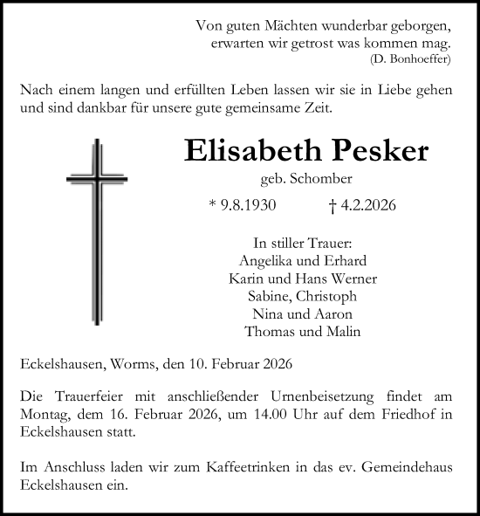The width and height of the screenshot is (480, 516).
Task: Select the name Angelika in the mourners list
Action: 265,261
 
